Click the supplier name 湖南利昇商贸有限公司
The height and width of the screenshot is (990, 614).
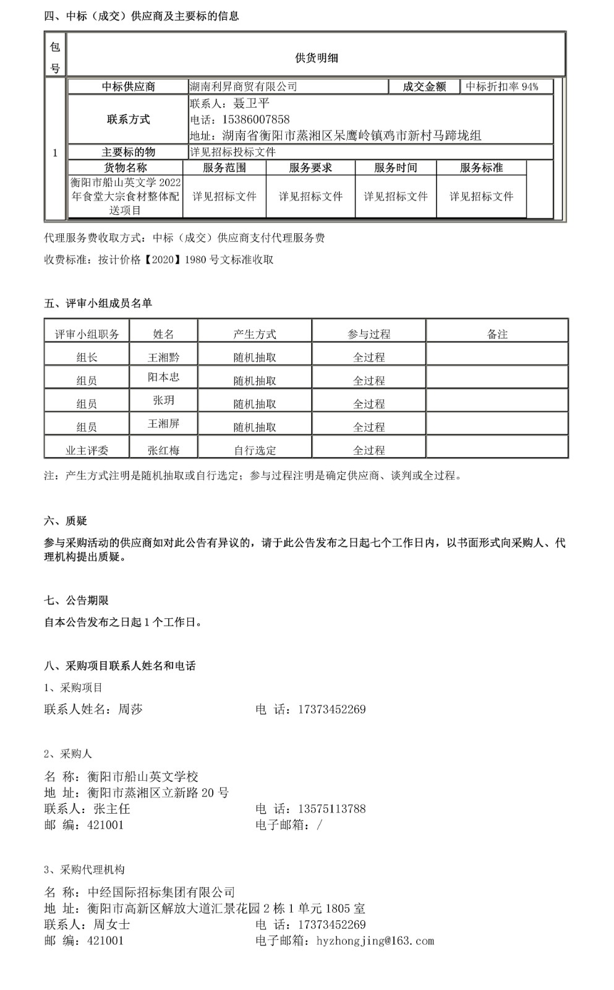243,87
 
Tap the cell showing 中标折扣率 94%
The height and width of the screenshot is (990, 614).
502,87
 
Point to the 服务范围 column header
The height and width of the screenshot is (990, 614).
224,168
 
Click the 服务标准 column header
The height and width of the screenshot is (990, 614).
481,168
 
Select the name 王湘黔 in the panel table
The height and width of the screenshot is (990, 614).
163,357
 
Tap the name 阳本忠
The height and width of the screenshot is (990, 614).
163,377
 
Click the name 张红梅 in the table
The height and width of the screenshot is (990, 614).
163,450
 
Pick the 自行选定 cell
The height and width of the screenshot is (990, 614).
255,450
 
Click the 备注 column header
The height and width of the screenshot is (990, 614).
497,334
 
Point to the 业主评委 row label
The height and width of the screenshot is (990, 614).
87,450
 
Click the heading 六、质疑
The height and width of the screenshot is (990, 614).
66,521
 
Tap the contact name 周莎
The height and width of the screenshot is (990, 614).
130,709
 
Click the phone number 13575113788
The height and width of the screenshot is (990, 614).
331,809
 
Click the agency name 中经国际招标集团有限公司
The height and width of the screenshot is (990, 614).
161,892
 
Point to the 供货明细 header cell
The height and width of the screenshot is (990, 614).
316,58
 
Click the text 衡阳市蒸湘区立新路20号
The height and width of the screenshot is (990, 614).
158,793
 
